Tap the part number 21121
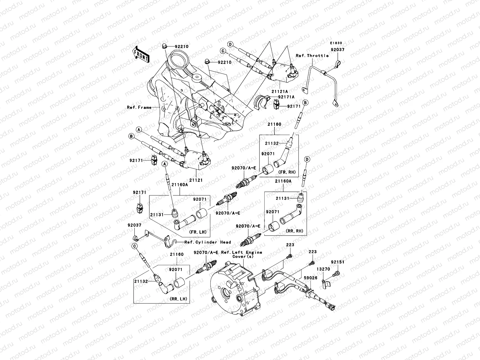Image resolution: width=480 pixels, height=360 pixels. [196, 180]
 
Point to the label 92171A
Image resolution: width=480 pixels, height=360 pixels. [286, 97]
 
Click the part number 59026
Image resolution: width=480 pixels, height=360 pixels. [310, 278]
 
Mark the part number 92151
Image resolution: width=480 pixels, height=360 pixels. [337, 262]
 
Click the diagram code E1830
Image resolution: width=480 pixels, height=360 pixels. [336, 43]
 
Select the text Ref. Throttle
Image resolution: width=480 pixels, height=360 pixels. [312, 55]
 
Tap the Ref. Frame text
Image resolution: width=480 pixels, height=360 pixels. [139, 107]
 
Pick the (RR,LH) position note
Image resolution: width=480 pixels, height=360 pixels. [178, 298]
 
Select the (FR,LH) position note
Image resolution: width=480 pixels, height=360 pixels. [197, 232]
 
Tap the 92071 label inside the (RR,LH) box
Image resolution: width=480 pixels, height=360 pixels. [176, 270]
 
